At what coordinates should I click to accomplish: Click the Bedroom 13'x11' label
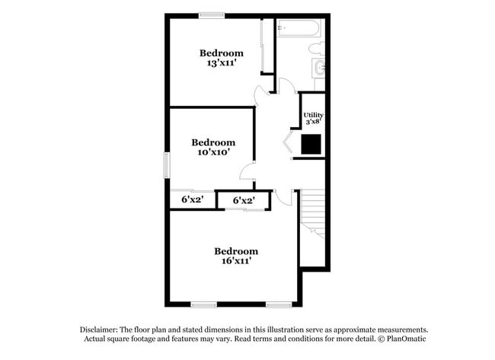[x=222, y=58]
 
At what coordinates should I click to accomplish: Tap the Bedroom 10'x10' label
[x=213, y=147]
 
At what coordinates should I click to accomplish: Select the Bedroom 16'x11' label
[x=235, y=256]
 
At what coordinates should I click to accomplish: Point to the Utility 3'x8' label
[x=313, y=117]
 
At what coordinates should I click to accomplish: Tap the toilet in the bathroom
[x=317, y=49]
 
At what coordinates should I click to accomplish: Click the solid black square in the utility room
[x=311, y=144]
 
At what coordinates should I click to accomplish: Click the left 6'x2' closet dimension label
[x=192, y=200]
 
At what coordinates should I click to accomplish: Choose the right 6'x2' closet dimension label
[x=243, y=200]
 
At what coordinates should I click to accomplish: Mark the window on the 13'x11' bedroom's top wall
[x=212, y=14]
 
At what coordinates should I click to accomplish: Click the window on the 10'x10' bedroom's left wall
[x=167, y=165]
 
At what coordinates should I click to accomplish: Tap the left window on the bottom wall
[x=204, y=304]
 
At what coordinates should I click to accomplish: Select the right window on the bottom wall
[x=279, y=304]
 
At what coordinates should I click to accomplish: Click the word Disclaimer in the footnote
[x=103, y=330]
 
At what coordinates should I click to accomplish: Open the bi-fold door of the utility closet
[x=289, y=144]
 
